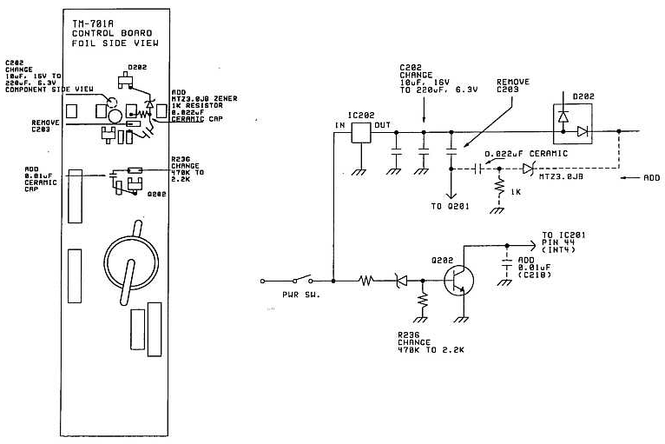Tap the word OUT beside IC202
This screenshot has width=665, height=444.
point(381,127)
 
